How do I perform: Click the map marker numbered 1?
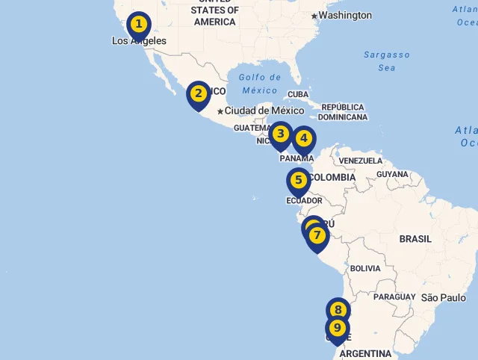(138, 25)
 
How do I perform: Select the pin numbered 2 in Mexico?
(198, 94)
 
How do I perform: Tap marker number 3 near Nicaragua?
(280, 134)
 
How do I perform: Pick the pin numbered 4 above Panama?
(303, 139)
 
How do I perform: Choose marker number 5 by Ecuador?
(298, 181)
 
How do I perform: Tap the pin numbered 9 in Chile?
(337, 329)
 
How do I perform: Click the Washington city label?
(345, 15)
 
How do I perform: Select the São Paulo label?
(444, 297)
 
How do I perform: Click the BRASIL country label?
(415, 239)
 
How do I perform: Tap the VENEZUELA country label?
(360, 161)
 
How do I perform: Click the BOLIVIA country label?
(365, 268)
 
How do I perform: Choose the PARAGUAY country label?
(394, 297)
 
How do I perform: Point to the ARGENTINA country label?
(366, 353)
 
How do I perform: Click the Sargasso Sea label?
(387, 61)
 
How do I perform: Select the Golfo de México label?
(260, 84)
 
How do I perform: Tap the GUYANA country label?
(393, 174)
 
